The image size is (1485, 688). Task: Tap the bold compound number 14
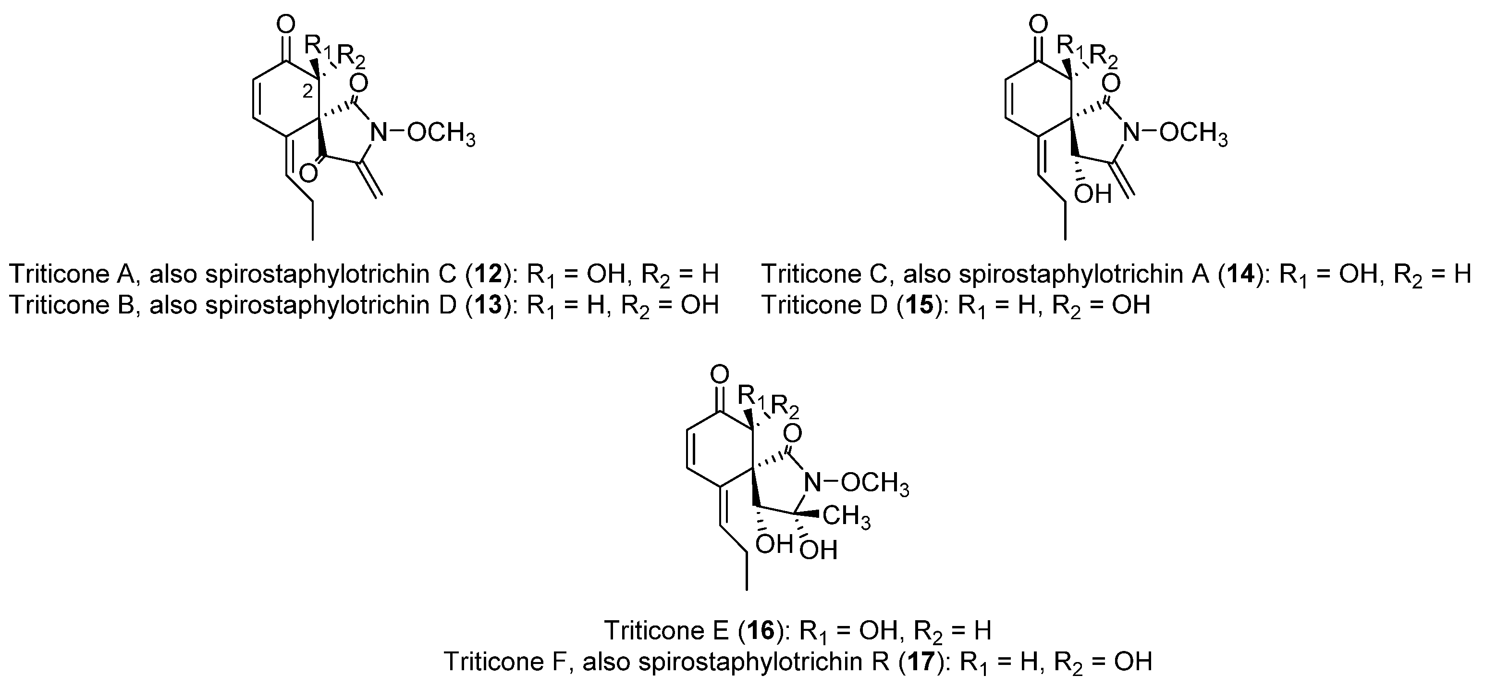[1242, 274]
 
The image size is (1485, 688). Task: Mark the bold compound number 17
[923, 662]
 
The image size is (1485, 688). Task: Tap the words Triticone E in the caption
[666, 631]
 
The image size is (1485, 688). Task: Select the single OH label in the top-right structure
[1092, 194]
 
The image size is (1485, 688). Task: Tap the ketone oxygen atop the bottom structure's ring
[719, 375]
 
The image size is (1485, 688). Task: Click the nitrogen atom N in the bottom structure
[813, 482]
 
